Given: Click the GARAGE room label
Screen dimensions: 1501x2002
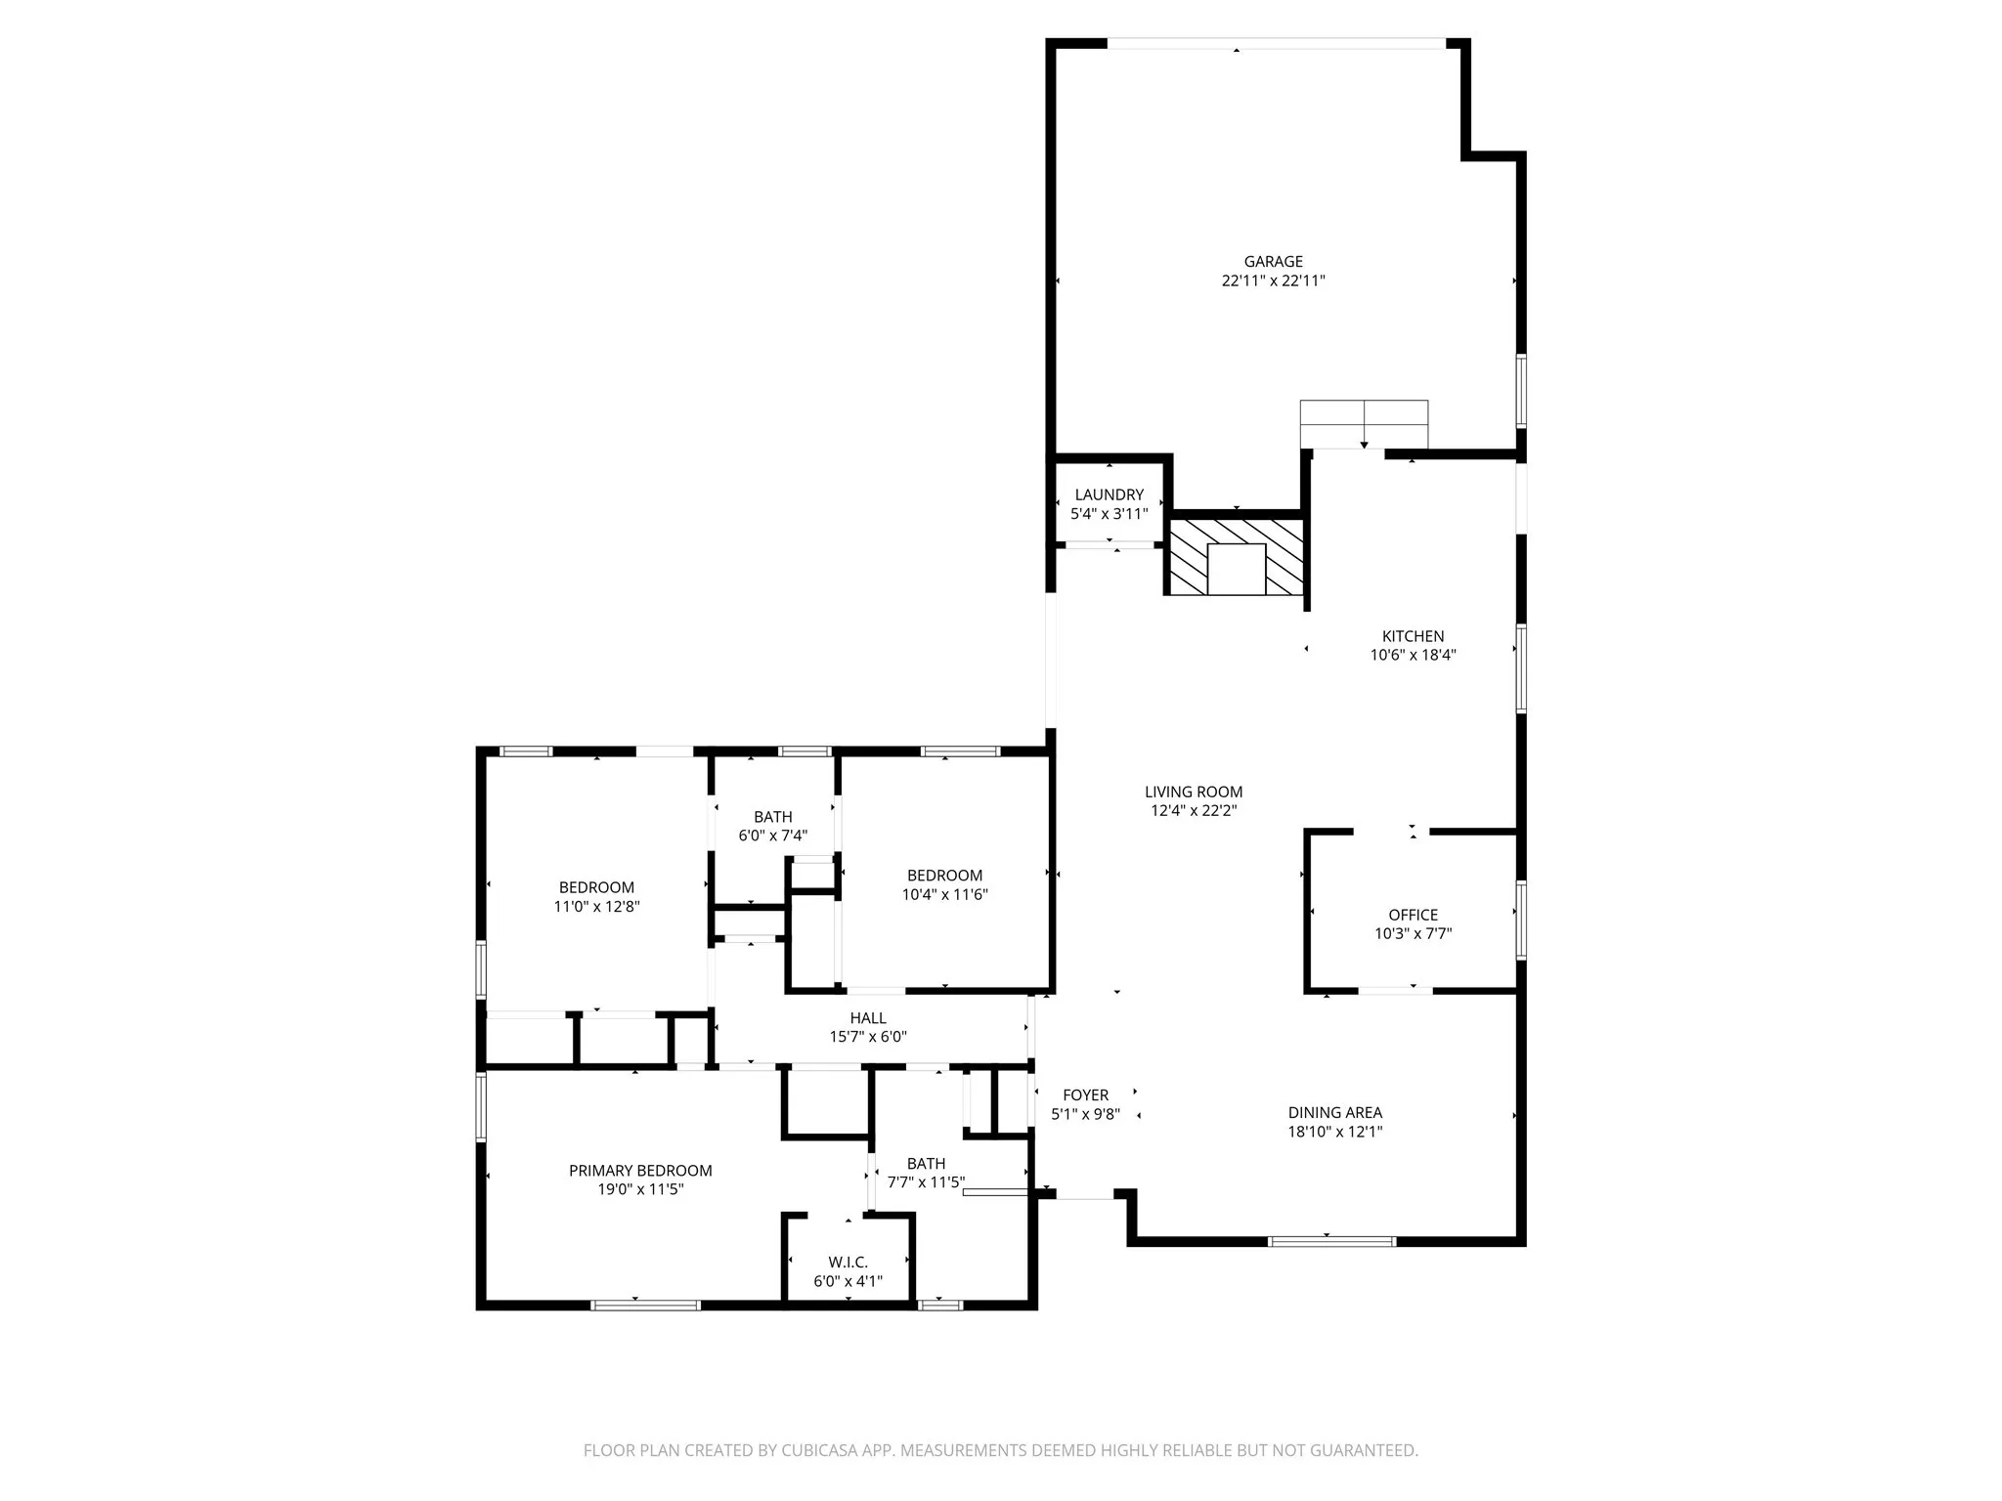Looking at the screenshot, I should click(x=1273, y=261).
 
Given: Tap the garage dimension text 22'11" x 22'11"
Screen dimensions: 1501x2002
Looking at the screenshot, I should click(x=1273, y=280).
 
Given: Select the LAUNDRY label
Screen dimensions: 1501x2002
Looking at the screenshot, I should click(x=1109, y=494).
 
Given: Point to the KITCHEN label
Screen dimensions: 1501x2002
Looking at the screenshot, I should click(x=1413, y=636).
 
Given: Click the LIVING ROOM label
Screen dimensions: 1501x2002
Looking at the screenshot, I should click(x=1194, y=792).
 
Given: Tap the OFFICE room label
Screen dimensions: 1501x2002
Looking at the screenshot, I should click(x=1413, y=915).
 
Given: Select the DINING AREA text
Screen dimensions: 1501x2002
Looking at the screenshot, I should click(x=1334, y=1112).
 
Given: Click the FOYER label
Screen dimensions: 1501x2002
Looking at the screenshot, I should click(x=1085, y=1095).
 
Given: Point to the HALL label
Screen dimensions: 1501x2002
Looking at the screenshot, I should click(x=868, y=1018).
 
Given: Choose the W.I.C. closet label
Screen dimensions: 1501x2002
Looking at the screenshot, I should click(x=848, y=1263).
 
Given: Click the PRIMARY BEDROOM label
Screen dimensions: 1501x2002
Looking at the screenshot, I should click(x=640, y=1171).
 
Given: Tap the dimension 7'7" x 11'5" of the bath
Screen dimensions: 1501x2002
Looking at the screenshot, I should click(x=926, y=1182).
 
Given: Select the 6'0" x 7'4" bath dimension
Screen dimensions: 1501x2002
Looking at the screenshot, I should click(x=772, y=836).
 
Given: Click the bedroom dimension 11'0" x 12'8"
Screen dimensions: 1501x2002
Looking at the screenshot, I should click(x=596, y=907).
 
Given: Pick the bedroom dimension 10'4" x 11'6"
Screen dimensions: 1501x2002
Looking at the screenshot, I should click(x=944, y=894).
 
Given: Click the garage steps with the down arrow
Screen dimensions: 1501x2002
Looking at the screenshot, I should click(x=1364, y=424).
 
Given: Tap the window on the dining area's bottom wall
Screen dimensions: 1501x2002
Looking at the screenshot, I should click(x=1331, y=1241).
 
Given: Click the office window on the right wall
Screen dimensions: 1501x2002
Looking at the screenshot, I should click(x=1521, y=920).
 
